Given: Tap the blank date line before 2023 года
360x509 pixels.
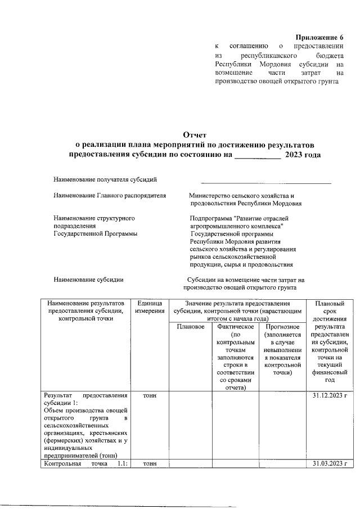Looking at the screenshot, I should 257,154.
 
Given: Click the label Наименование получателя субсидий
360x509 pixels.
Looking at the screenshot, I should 105,179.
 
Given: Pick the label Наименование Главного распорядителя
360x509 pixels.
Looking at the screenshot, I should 110,196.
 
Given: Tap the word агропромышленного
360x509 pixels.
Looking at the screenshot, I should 222,226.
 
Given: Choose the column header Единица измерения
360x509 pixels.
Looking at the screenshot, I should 150,307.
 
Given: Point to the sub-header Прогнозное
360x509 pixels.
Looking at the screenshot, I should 280,326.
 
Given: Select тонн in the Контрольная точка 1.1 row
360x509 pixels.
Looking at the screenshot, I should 150,463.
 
